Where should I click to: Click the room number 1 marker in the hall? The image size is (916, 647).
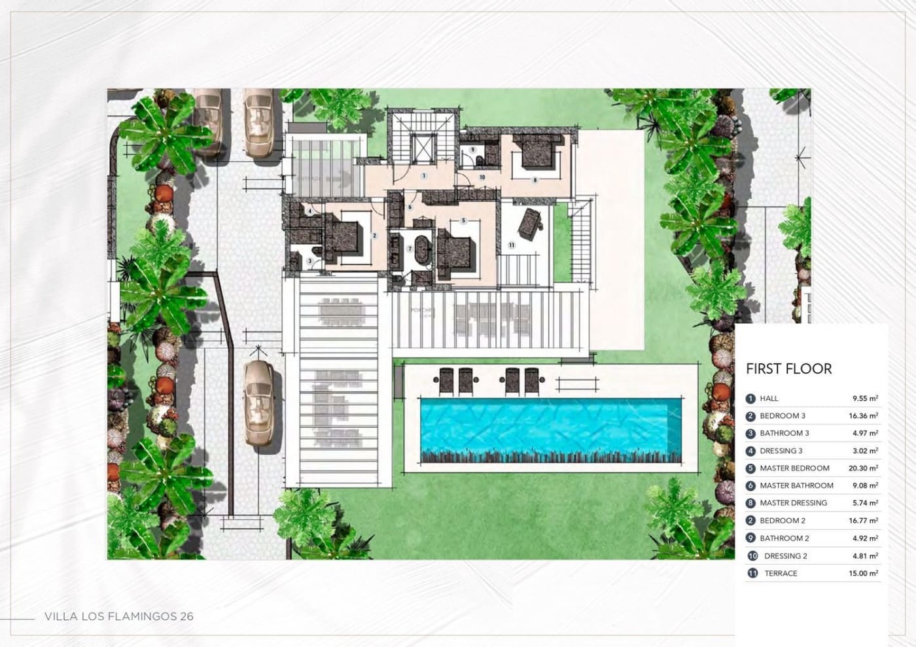point(424,175)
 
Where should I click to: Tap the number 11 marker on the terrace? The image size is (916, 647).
point(512,245)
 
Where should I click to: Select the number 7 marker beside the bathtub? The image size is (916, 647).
point(410,249)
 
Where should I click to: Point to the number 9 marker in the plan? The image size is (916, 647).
point(472,150)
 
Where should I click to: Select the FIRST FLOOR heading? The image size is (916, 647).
point(788,369)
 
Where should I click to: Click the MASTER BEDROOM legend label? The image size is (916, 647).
point(794,468)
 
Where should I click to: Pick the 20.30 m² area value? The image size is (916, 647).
point(863,468)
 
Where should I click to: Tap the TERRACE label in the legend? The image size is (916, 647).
point(781,573)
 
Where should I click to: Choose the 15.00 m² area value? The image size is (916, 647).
point(863,573)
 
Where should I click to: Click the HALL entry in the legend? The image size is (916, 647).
point(769,398)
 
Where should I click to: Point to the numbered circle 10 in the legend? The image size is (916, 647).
point(752,556)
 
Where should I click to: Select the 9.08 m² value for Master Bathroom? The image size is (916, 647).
point(865,485)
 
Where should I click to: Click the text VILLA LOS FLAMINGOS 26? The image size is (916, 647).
point(118,616)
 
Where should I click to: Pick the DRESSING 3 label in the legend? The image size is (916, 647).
point(781,451)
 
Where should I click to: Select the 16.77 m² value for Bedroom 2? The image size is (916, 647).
point(863,521)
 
